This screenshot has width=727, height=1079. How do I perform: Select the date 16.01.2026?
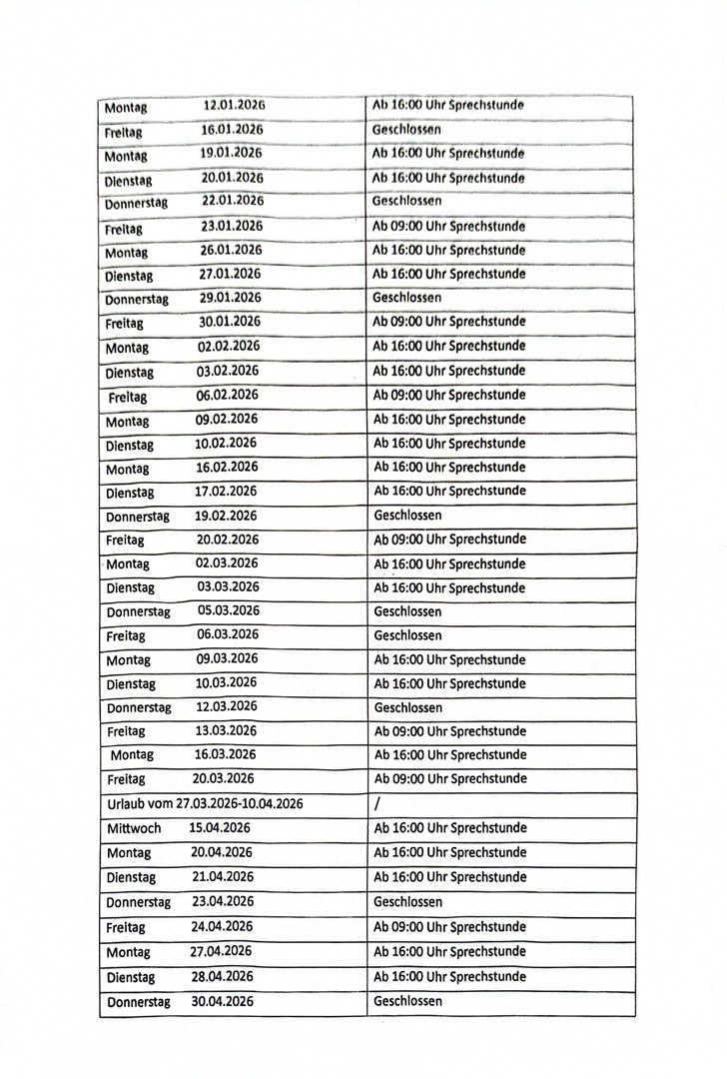(x=232, y=130)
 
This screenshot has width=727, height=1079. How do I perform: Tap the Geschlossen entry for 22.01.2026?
(x=406, y=201)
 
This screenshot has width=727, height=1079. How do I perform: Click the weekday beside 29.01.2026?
(x=137, y=299)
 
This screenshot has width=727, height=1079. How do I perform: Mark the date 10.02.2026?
(x=226, y=443)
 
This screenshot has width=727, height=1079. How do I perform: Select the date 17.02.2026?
(x=227, y=491)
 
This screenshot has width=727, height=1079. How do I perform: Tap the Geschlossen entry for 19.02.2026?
(x=407, y=516)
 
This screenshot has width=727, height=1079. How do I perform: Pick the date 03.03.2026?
(x=228, y=586)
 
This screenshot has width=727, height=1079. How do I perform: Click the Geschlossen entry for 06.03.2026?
(x=407, y=635)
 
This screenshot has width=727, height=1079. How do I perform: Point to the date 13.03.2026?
(x=226, y=730)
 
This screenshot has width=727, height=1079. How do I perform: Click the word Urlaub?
(x=125, y=803)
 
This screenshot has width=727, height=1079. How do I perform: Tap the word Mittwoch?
(x=134, y=828)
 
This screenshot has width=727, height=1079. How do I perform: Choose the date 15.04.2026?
(x=220, y=828)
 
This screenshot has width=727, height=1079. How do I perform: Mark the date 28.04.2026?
(x=222, y=976)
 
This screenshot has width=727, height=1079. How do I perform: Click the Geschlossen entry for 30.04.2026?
(x=407, y=1000)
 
